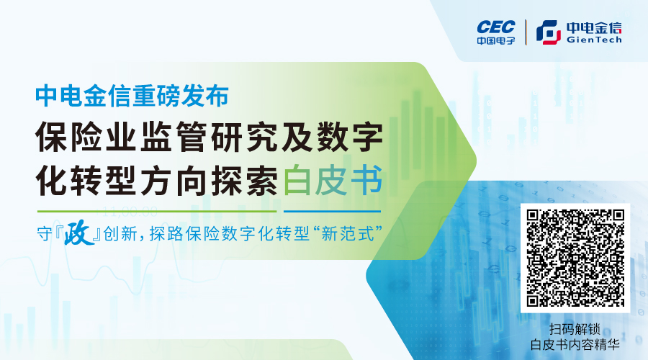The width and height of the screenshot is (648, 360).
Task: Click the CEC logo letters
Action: click(x=496, y=27)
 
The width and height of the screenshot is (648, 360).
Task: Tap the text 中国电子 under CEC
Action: click(x=496, y=40)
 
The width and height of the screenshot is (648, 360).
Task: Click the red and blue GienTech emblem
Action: click(x=549, y=32)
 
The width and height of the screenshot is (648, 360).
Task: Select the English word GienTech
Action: click(x=594, y=40)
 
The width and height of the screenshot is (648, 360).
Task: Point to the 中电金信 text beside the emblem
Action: click(x=594, y=27)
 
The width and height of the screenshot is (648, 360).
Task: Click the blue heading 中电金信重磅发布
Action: click(x=132, y=96)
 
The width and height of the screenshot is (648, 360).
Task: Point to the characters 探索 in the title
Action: click(x=245, y=181)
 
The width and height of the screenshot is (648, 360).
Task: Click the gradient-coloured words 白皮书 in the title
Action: click(x=332, y=181)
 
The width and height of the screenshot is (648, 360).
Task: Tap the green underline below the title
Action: click(x=157, y=211)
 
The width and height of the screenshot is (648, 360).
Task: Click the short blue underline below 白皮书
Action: click(x=332, y=211)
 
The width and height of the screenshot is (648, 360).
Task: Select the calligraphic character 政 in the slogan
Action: click(x=78, y=233)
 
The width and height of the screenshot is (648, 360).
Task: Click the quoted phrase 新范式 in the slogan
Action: click(x=347, y=234)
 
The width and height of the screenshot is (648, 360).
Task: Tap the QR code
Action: click(x=575, y=258)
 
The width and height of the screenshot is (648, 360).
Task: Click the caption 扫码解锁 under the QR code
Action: click(x=575, y=330)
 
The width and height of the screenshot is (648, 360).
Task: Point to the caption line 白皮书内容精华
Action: click(x=575, y=345)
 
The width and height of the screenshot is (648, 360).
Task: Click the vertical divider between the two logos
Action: click(x=526, y=32)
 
